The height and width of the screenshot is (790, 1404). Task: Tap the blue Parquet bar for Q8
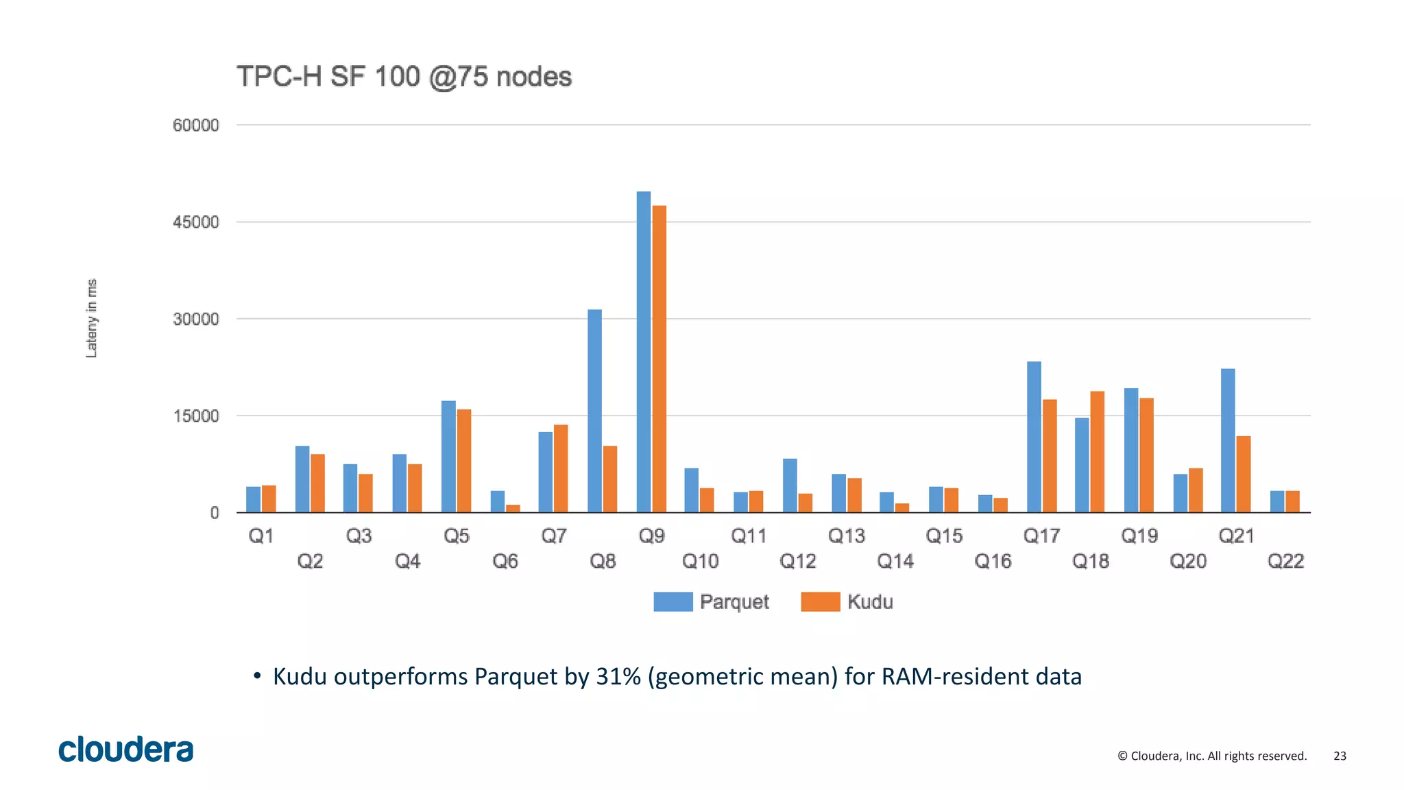(x=594, y=411)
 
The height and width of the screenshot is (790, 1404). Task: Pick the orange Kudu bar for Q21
(x=1244, y=474)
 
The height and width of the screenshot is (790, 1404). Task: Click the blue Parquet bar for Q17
(x=1034, y=437)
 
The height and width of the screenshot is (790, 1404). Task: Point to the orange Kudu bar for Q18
(x=1097, y=451)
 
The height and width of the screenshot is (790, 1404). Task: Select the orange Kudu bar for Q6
(x=513, y=508)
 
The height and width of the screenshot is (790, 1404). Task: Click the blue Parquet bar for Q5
(x=448, y=456)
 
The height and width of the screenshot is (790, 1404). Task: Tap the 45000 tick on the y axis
(x=196, y=222)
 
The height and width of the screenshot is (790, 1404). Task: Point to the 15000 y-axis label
(x=196, y=416)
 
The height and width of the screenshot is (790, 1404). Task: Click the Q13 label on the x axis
(x=847, y=536)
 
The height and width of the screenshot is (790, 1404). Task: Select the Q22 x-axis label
(x=1285, y=562)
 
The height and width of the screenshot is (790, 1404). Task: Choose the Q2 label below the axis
(x=310, y=562)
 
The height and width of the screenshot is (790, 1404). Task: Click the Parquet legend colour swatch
(x=673, y=601)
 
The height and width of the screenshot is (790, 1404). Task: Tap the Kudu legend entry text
(x=870, y=601)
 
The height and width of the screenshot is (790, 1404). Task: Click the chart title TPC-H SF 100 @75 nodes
(x=404, y=77)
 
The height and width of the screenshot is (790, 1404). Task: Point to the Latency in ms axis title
(x=91, y=318)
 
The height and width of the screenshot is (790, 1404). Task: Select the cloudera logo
(x=126, y=749)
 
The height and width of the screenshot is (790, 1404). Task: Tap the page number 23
(x=1340, y=756)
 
